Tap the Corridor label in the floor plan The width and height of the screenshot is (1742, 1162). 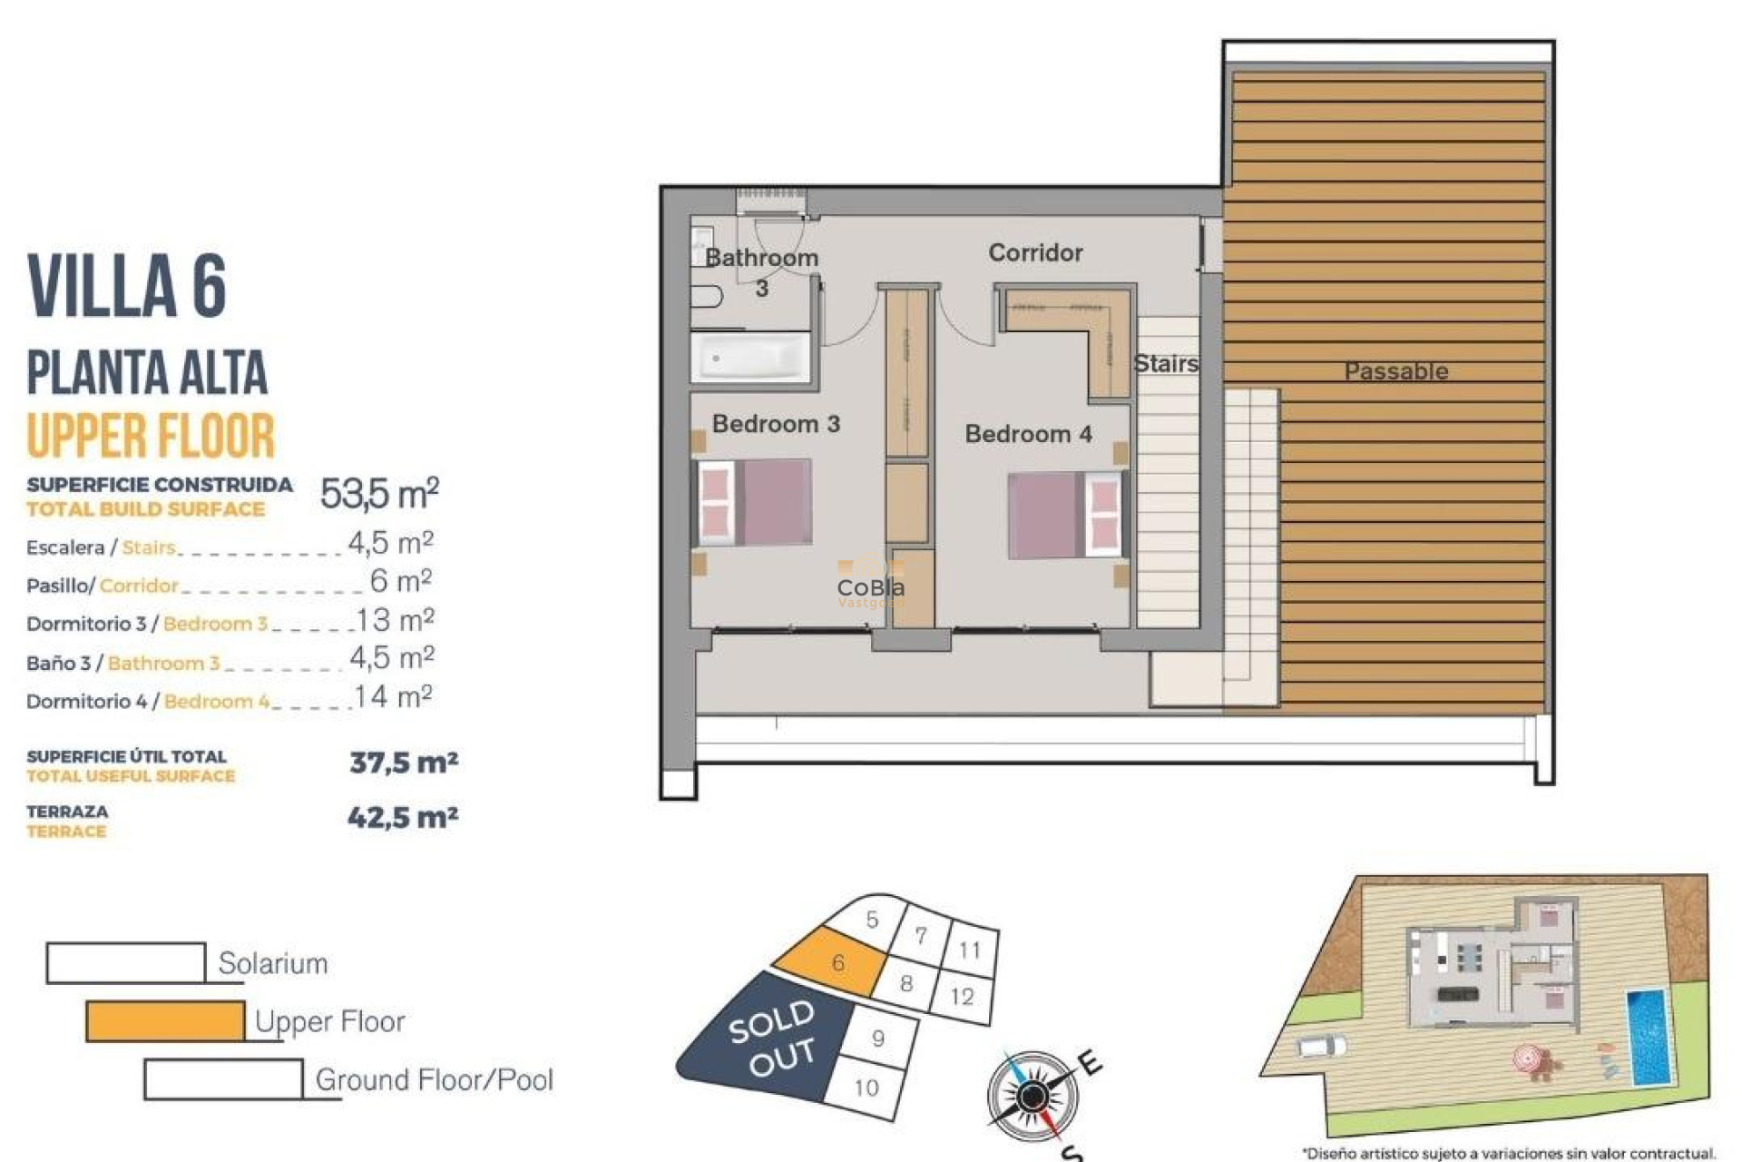(x=1035, y=252)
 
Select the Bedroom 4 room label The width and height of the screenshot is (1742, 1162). (x=1028, y=434)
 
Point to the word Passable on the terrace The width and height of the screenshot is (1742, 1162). (x=1395, y=371)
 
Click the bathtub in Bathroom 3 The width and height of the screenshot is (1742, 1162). (x=750, y=358)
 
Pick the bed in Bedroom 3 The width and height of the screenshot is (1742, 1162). (x=754, y=502)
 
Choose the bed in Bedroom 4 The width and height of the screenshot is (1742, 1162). (x=1065, y=514)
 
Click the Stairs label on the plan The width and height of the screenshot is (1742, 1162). (x=1166, y=364)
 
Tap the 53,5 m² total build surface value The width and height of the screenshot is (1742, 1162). (x=379, y=494)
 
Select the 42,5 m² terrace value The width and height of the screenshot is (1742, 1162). (x=403, y=817)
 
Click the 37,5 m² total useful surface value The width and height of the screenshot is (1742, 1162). (x=404, y=762)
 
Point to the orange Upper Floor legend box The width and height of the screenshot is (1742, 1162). (x=165, y=1021)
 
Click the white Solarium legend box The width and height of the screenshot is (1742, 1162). (x=126, y=963)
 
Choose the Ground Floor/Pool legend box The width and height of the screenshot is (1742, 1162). (x=223, y=1079)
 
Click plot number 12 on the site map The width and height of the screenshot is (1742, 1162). (x=963, y=997)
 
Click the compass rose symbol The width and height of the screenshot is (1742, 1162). (x=1032, y=1097)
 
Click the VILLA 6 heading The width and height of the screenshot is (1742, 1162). (x=127, y=286)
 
